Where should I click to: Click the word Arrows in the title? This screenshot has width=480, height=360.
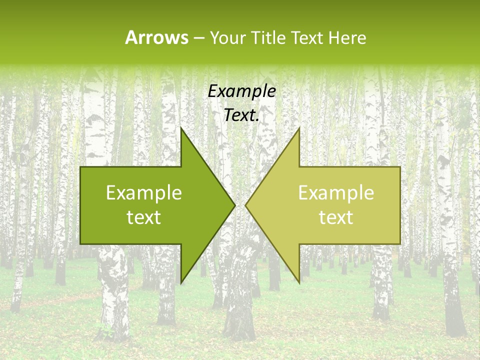point(157,37)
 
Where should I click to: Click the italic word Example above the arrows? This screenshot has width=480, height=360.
point(241,91)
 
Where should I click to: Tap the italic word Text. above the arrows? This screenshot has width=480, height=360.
point(241,115)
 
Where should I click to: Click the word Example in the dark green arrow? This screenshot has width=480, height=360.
point(144,193)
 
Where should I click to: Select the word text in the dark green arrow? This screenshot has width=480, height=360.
point(144,217)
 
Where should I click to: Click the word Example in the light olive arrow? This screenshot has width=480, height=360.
point(336,193)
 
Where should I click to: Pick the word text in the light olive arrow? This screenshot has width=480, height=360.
point(336,217)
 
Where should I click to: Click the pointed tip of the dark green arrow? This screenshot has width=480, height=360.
point(235,205)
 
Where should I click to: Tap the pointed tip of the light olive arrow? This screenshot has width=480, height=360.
point(245,205)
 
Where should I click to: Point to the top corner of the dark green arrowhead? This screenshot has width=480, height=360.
point(181,128)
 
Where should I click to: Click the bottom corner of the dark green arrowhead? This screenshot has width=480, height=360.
point(181,283)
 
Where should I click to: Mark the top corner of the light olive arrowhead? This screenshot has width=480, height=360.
point(299,128)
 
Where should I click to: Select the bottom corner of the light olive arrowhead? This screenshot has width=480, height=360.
point(299,283)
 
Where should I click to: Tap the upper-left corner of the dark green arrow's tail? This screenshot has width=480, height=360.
point(80,167)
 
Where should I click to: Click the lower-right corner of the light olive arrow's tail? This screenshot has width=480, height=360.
point(400,244)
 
